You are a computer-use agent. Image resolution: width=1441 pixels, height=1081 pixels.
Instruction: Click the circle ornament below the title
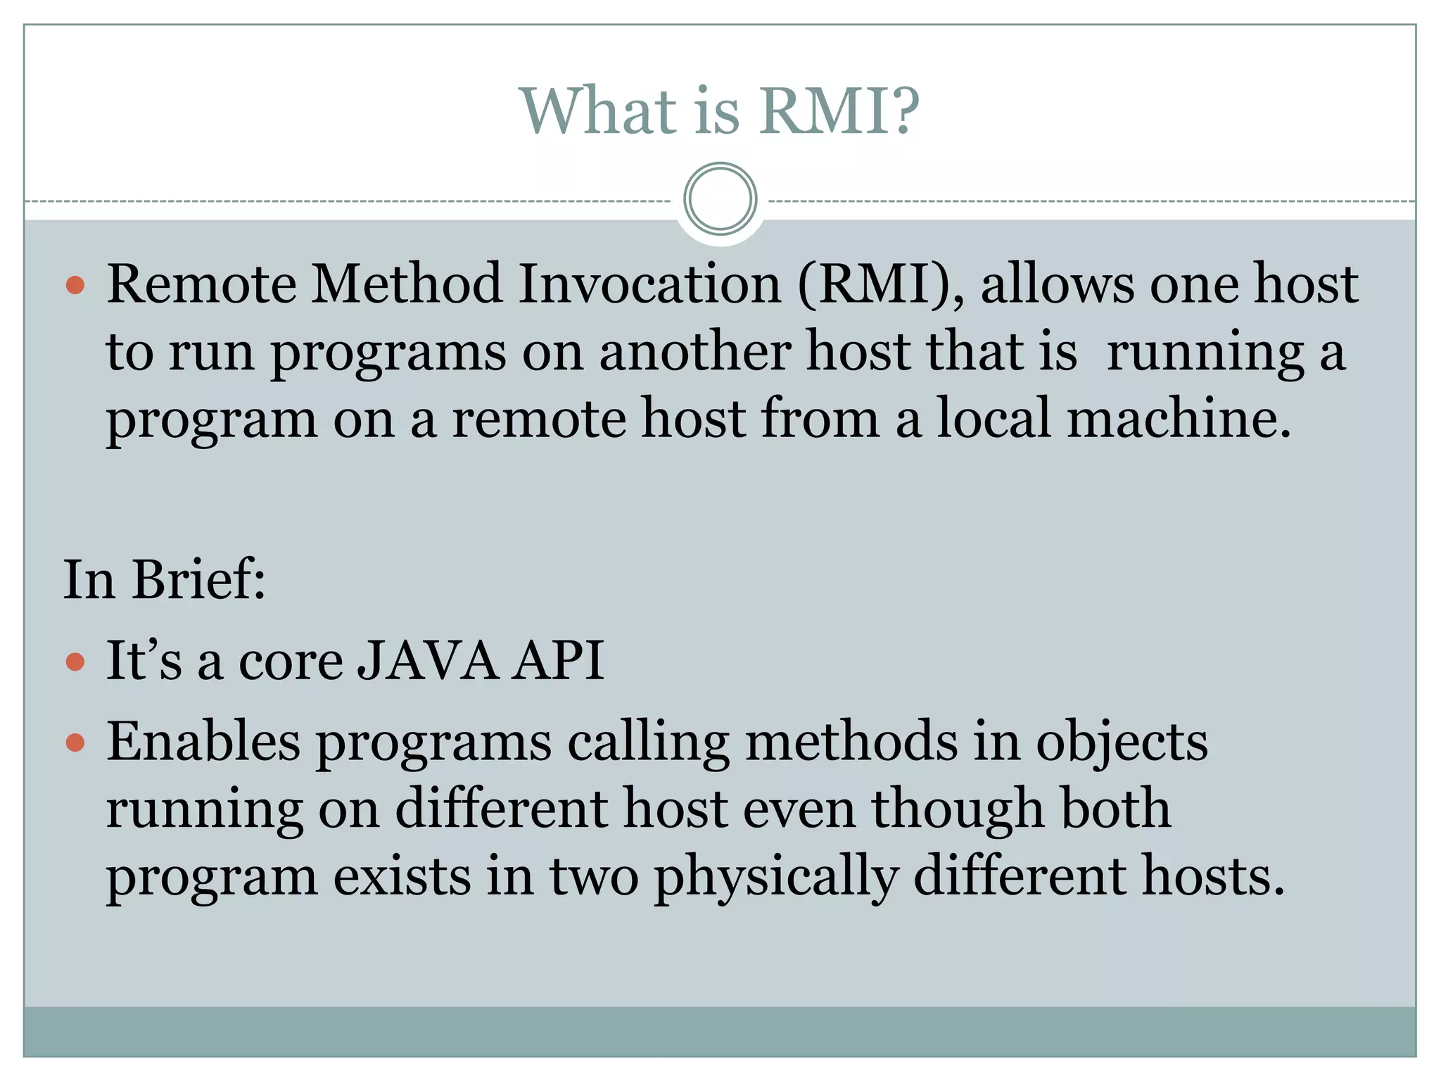pos(720,199)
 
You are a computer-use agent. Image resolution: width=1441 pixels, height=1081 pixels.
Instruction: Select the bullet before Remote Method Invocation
pos(75,286)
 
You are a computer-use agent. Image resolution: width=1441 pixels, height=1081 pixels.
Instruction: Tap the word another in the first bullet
pos(694,351)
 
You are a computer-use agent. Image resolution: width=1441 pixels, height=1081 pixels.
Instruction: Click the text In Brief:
pos(165,580)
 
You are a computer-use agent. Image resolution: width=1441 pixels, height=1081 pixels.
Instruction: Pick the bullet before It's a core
pos(75,662)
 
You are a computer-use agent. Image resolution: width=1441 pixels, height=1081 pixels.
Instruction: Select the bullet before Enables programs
pos(75,742)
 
